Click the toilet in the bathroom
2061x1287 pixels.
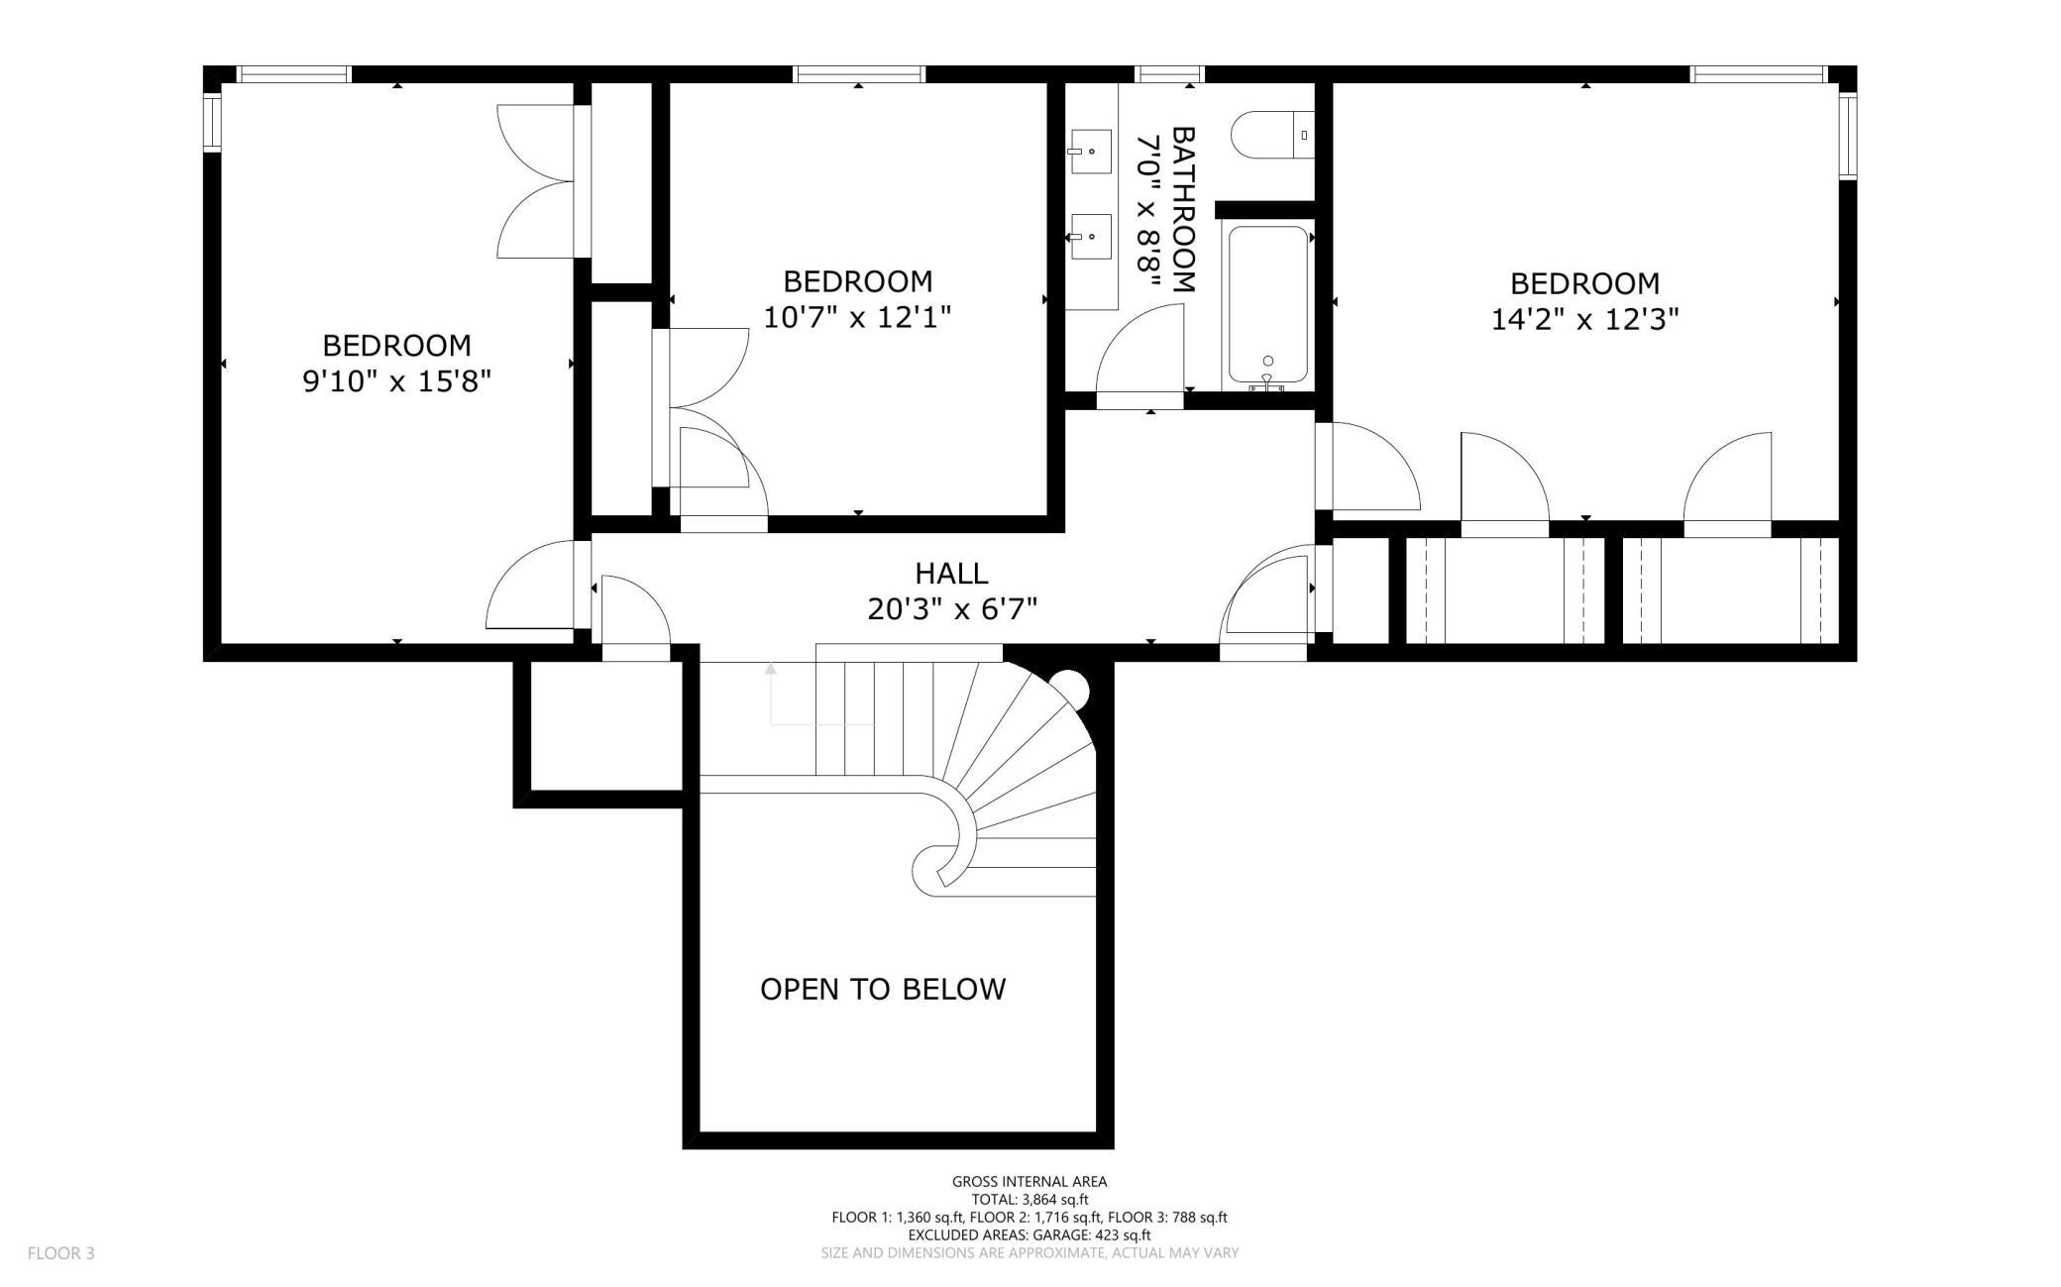point(1272,134)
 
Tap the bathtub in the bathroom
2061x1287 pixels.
point(1268,306)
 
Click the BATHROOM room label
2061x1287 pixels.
point(1184,209)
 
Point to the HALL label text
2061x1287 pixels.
point(951,573)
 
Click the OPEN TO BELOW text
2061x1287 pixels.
point(883,989)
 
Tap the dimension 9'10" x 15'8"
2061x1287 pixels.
point(397,381)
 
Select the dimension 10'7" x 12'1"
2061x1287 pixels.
point(858,317)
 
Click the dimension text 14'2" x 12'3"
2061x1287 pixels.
point(1585,319)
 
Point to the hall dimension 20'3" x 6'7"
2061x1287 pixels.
point(952,608)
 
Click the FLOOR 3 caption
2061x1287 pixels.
point(61,1253)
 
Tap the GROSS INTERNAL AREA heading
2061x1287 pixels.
point(1030,1181)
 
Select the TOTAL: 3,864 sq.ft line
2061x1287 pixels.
point(1030,1199)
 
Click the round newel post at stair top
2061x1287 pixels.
point(1069,687)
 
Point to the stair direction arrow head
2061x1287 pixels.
point(771,671)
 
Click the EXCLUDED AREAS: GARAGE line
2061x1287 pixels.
point(1030,1235)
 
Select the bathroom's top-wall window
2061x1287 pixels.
point(1169,73)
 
